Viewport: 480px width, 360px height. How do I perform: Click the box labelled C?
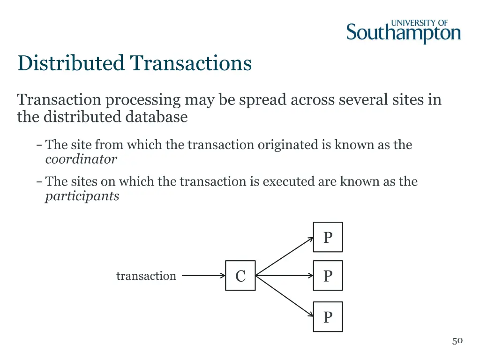[x=240, y=276]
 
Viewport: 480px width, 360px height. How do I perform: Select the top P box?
[x=328, y=237]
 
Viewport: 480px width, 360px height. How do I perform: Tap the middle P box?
[x=328, y=276]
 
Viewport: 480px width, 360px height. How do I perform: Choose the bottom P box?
[x=328, y=317]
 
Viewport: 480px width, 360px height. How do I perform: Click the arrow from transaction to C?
[x=203, y=276]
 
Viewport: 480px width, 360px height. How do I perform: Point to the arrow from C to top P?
[x=285, y=256]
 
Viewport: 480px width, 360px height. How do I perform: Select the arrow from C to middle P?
[x=284, y=276]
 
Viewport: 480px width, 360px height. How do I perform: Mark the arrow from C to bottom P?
[x=285, y=296]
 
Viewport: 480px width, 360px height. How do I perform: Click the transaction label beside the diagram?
[x=146, y=276]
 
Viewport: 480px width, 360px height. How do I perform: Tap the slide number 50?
[x=457, y=341]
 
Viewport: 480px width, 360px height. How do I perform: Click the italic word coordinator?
[x=81, y=159]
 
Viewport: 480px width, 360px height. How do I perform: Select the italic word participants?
[x=82, y=196]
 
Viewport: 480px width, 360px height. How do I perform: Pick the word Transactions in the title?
[x=191, y=63]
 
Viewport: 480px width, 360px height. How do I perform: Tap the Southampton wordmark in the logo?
[x=403, y=34]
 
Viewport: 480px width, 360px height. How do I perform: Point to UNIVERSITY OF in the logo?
[x=420, y=22]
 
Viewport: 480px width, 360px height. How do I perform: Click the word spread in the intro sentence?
[x=263, y=100]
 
